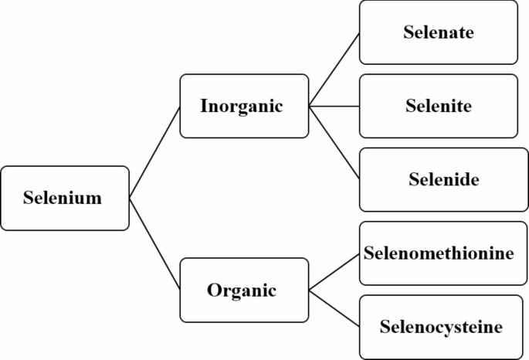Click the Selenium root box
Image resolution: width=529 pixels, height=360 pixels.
click(65, 198)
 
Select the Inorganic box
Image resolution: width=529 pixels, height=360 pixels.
click(244, 106)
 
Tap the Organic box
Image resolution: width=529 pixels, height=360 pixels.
click(244, 290)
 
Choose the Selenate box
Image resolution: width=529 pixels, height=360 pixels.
click(438, 32)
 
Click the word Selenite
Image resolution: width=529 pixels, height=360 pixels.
click(438, 106)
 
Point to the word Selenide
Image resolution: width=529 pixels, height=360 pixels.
click(443, 180)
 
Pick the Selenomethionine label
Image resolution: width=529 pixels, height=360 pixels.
click(439, 253)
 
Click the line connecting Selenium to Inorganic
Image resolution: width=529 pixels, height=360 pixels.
click(154, 152)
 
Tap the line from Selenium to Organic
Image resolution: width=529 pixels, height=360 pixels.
click(154, 244)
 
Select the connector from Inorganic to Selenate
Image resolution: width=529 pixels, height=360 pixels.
click(334, 70)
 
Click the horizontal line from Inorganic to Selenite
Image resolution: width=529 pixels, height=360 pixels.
click(334, 106)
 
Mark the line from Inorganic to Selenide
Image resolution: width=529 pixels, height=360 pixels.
click(334, 143)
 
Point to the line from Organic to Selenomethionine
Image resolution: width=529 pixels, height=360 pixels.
click(334, 272)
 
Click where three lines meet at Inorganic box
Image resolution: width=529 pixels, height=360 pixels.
click(310, 106)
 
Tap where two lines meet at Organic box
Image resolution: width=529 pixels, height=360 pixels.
click(310, 290)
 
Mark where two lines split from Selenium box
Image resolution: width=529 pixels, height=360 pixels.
click(130, 198)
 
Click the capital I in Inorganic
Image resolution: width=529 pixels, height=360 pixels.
click(204, 106)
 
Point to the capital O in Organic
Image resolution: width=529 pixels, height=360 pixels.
click(214, 291)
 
